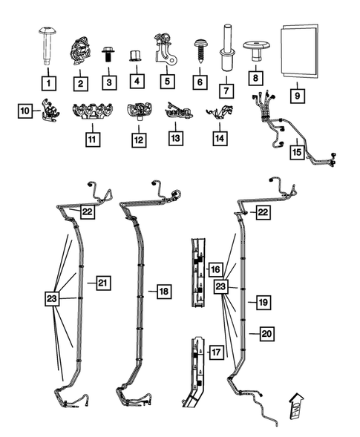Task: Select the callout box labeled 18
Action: point(164,292)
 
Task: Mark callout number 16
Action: point(215,269)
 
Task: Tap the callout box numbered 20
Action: point(266,334)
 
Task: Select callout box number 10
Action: point(26,111)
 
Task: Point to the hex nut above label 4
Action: point(136,56)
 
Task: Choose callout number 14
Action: point(217,138)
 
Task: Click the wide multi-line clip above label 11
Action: point(92,114)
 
